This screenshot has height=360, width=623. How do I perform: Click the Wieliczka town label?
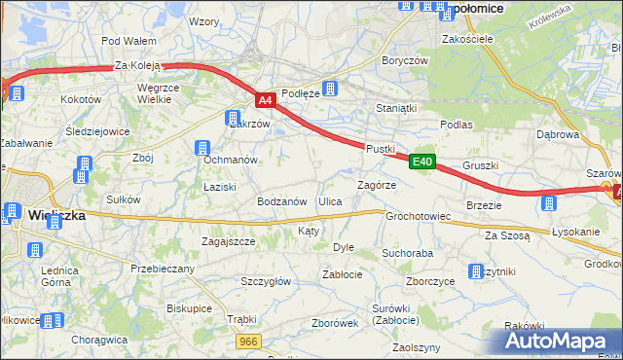coord(55,215)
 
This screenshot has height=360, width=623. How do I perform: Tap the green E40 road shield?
coord(421,162)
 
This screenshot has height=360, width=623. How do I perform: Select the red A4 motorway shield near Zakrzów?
coord(266,99)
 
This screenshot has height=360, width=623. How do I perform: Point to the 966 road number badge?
coord(249,341)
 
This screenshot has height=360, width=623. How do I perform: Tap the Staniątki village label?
coord(396,109)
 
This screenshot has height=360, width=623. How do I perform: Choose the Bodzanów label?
coord(282,201)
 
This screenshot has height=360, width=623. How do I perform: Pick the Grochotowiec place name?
coord(418,216)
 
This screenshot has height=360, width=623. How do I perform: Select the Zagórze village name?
coord(376,184)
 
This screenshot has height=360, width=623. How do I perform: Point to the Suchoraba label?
coord(407,253)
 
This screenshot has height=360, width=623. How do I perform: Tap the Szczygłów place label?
coord(266,281)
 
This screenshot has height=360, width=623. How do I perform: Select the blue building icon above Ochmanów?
coord(203,147)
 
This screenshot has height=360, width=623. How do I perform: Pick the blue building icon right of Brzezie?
coord(549,203)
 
